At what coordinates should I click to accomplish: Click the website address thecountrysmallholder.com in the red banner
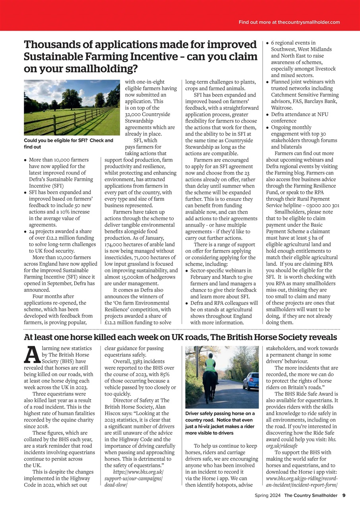(309, 22)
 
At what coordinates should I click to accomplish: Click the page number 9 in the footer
(344, 495)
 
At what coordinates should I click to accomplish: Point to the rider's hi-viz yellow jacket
(210, 364)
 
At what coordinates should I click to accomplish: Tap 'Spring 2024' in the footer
(268, 495)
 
